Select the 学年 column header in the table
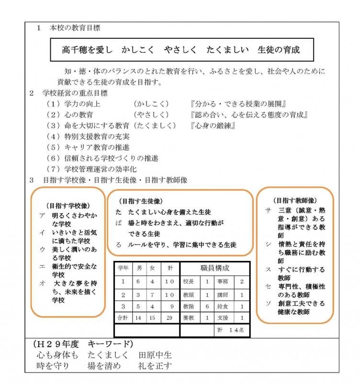[123, 269]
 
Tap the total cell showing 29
[168, 317]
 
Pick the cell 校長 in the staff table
[187, 282]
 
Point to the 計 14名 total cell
[231, 330]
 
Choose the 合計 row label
[123, 317]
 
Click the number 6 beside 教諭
[207, 305]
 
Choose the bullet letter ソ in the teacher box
[268, 304]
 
